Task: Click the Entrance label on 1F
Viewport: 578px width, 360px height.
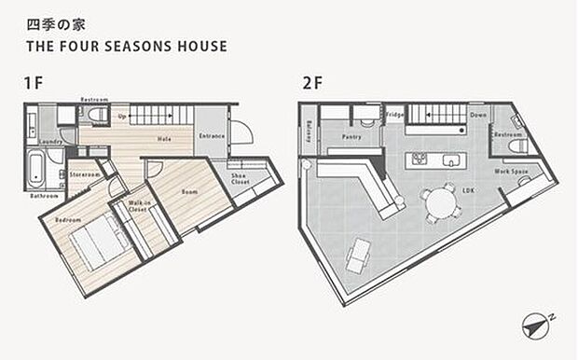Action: [x=213, y=136]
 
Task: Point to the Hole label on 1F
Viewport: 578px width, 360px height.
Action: [x=164, y=139]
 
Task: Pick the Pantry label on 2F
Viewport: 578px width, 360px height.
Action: [x=351, y=137]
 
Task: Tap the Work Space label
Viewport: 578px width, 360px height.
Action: [x=511, y=172]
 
